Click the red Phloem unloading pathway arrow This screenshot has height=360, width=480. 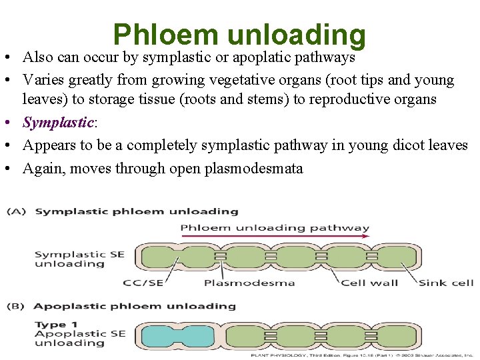[275, 237]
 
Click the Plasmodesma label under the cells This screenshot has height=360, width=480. [249, 283]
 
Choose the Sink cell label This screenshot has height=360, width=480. [445, 283]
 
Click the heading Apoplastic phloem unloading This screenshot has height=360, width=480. [134, 307]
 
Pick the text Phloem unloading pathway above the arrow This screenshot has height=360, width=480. [275, 228]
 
